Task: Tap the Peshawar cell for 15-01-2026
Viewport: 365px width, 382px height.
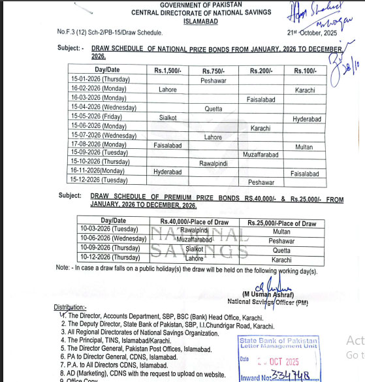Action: pyautogui.click(x=214, y=80)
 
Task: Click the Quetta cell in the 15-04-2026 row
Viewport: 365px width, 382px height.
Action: pyautogui.click(x=214, y=108)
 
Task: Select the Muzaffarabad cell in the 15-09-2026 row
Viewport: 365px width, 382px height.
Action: pyautogui.click(x=260, y=154)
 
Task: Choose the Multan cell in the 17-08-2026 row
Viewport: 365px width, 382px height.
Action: pyautogui.click(x=304, y=147)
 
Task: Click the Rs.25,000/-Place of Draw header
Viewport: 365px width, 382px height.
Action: pyautogui.click(x=282, y=223)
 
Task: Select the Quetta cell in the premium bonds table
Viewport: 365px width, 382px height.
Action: pyautogui.click(x=281, y=250)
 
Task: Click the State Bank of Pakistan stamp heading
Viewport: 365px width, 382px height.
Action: pyautogui.click(x=279, y=341)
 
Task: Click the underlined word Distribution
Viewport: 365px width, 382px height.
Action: pyautogui.click(x=70, y=306)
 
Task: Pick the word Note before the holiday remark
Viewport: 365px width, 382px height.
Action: pyautogui.click(x=63, y=268)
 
